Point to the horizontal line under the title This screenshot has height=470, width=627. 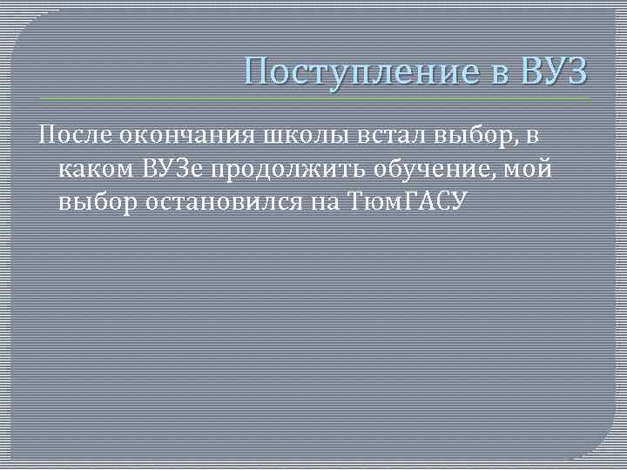coord(313,98)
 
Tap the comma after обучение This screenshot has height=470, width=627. coord(496,176)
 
